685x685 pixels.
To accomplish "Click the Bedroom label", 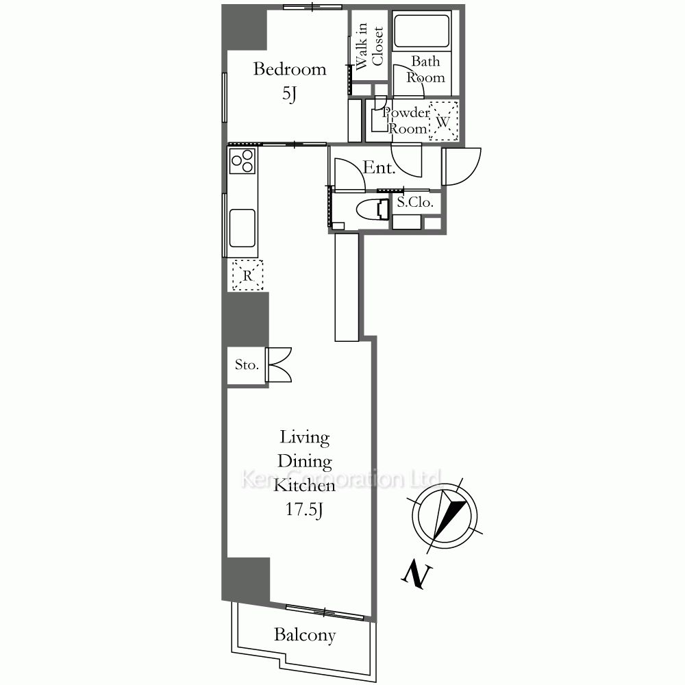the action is (290, 69).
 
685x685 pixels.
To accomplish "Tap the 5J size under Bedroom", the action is (289, 93).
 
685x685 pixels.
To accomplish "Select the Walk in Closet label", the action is (369, 46).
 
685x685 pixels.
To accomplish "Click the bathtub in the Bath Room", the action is (421, 31).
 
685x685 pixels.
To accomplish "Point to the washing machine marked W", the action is (443, 121).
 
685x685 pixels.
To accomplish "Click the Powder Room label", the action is (406, 121).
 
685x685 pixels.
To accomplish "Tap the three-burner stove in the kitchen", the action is (242, 161).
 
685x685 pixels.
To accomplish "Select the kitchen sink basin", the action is (242, 227).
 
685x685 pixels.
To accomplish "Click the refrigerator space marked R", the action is (248, 275).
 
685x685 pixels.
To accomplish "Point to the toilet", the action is (373, 210).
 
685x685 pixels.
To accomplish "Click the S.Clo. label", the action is (415, 202).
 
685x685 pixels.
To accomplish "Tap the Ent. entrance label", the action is (379, 168).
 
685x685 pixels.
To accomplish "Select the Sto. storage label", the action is (247, 365).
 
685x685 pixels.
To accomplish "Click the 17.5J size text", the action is (305, 510).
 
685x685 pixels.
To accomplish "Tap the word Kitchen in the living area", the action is (305, 486).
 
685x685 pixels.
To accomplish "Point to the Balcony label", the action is (305, 635).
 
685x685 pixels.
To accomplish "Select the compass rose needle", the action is (448, 516).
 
